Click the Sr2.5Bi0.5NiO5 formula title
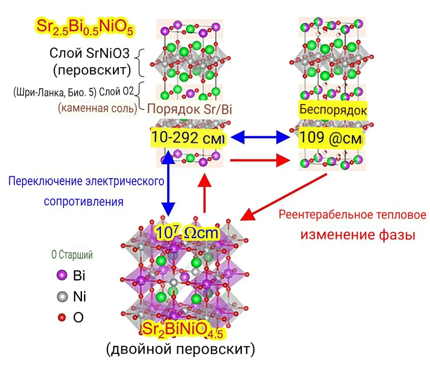click(x=85, y=27)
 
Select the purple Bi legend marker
click(x=62, y=275)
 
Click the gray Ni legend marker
click(x=62, y=296)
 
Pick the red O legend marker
click(x=62, y=317)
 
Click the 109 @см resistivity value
click(x=330, y=138)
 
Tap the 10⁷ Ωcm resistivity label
click(x=187, y=233)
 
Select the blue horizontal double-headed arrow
click(x=260, y=137)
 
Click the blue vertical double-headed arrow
click(x=168, y=183)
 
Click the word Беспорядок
click(x=333, y=110)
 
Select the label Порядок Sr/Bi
click(x=189, y=109)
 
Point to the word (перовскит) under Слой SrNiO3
click(x=92, y=70)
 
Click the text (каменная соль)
click(x=98, y=108)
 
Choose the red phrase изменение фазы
click(x=358, y=234)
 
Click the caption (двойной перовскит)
click(x=181, y=349)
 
